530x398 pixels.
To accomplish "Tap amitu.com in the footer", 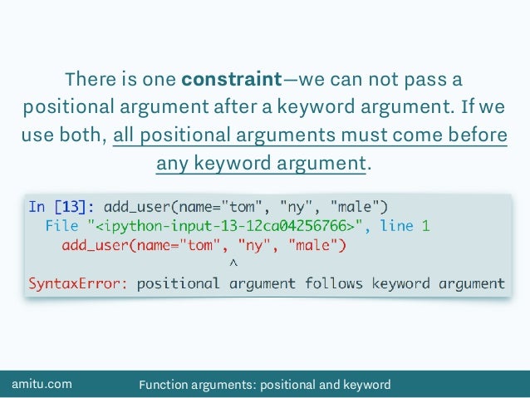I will point(42,384).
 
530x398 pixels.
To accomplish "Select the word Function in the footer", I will point(164,384).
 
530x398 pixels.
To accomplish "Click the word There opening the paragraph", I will point(87,81).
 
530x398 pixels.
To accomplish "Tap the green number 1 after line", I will point(424,225).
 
